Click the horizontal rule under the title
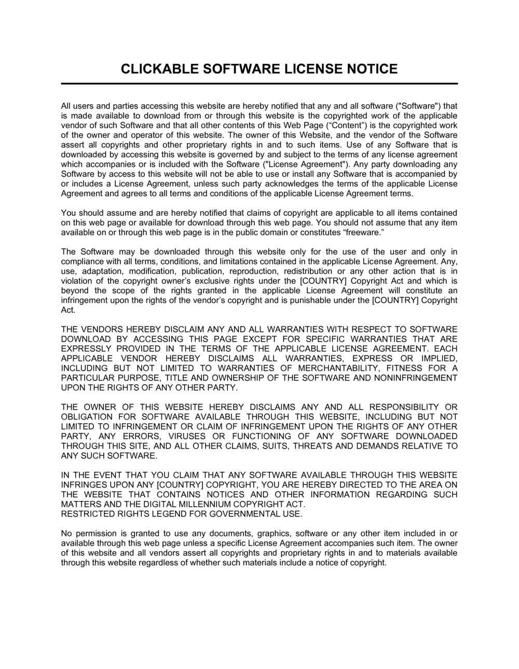(259, 83)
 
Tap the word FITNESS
(403, 368)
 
